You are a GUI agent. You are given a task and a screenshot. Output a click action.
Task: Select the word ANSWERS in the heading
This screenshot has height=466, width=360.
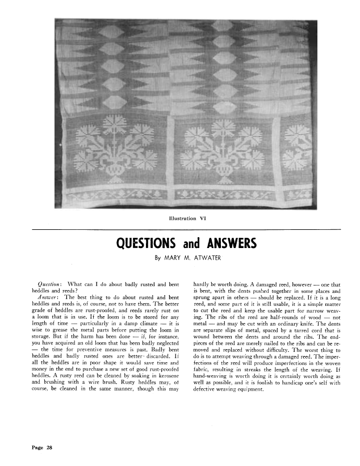click(x=229, y=244)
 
